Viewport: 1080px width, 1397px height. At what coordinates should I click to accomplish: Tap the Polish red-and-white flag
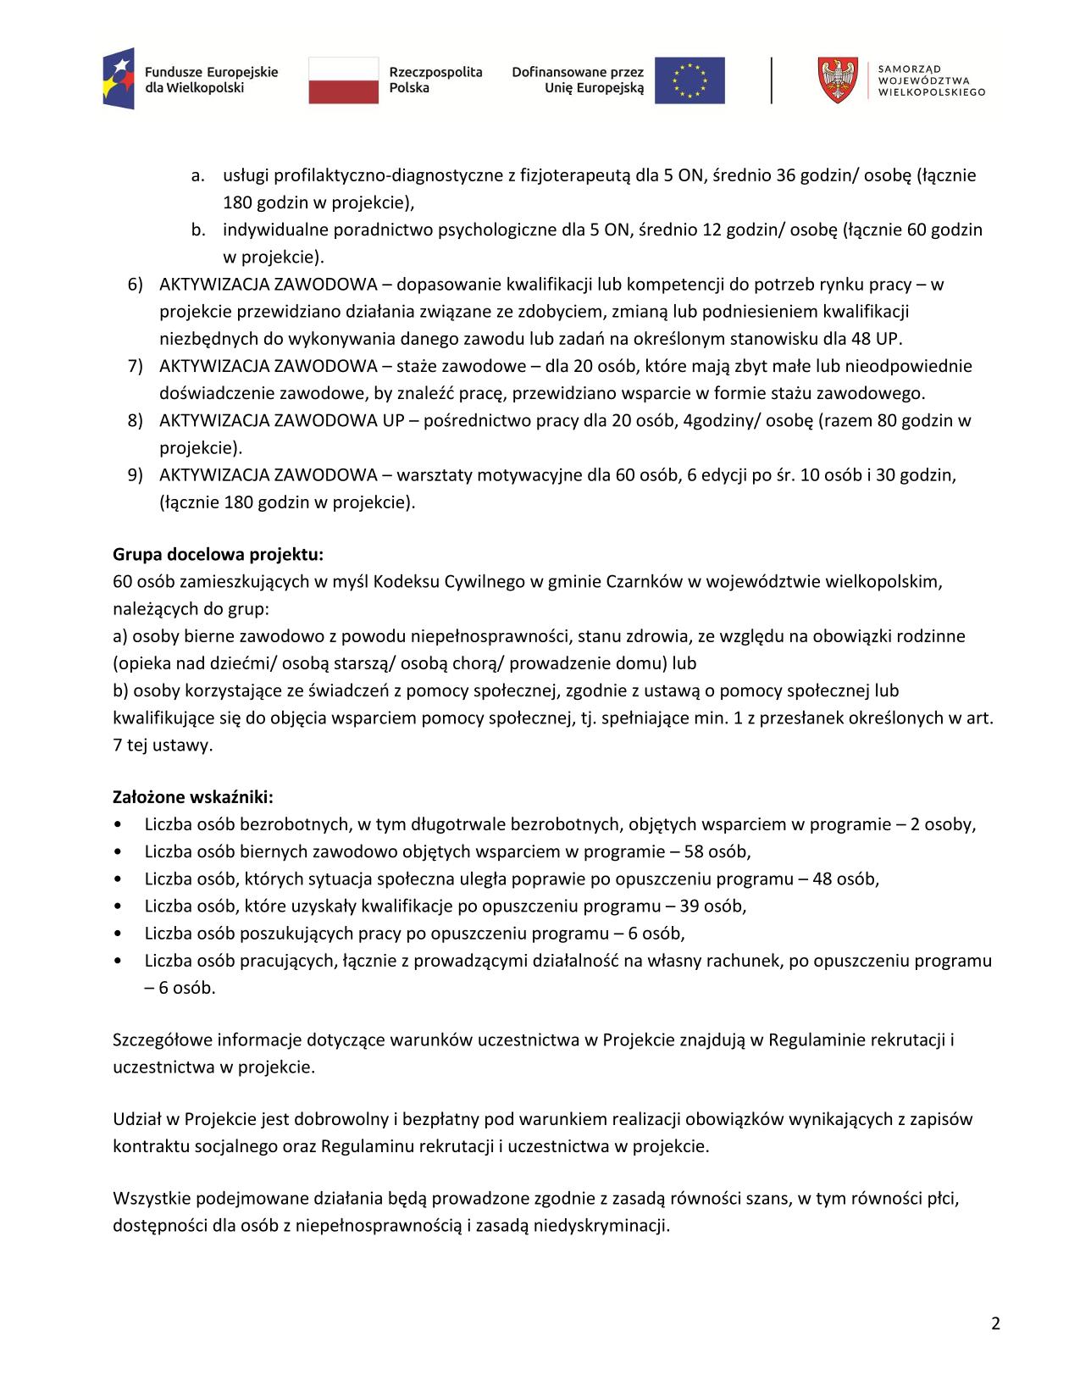343,80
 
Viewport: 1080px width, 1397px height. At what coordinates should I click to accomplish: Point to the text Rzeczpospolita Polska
435,80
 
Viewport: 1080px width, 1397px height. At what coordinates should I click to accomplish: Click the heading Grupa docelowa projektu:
218,555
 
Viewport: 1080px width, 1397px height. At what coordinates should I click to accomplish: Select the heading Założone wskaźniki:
193,797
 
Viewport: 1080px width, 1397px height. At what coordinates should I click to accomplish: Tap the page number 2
995,1324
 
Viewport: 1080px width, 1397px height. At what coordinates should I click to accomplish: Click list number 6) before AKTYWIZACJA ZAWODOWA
136,285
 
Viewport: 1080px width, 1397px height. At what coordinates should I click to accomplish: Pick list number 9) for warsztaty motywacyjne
136,474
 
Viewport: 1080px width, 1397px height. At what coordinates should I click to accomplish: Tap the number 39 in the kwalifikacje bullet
690,906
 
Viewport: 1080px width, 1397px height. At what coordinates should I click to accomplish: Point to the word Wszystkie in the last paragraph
151,1199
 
